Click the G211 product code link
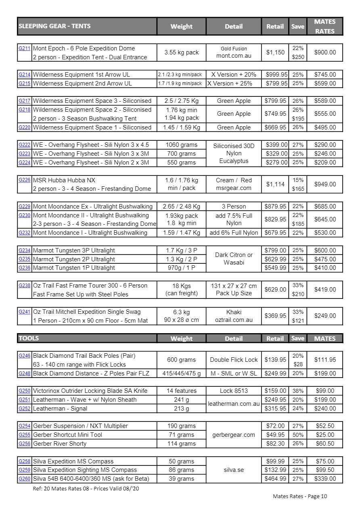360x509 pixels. click(x=24, y=48)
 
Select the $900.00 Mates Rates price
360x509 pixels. click(x=325, y=52)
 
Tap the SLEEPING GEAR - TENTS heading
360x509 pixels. click(x=54, y=26)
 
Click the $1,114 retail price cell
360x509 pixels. click(x=275, y=184)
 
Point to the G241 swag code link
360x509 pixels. click(x=24, y=311)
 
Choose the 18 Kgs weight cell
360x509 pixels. click(x=181, y=286)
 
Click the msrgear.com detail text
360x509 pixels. click(x=234, y=188)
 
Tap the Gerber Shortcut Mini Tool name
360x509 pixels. click(x=67, y=435)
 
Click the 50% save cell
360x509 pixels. click(x=298, y=435)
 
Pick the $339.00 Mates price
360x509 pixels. click(x=325, y=479)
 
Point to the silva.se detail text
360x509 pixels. click(x=234, y=470)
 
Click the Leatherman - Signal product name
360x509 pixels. click(x=60, y=409)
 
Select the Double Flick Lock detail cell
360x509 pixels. click(x=234, y=360)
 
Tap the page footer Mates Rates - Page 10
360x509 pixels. click(x=300, y=496)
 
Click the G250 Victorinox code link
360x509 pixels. click(x=24, y=390)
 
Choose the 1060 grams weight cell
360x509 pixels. click(x=181, y=145)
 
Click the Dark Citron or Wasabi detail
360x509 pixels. click(x=234, y=259)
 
